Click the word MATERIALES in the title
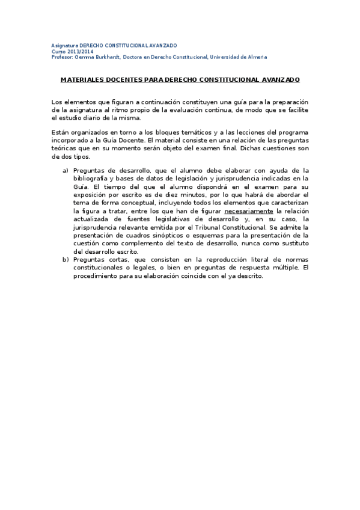click(x=84, y=80)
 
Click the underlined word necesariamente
click(x=248, y=211)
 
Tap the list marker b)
click(x=66, y=259)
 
